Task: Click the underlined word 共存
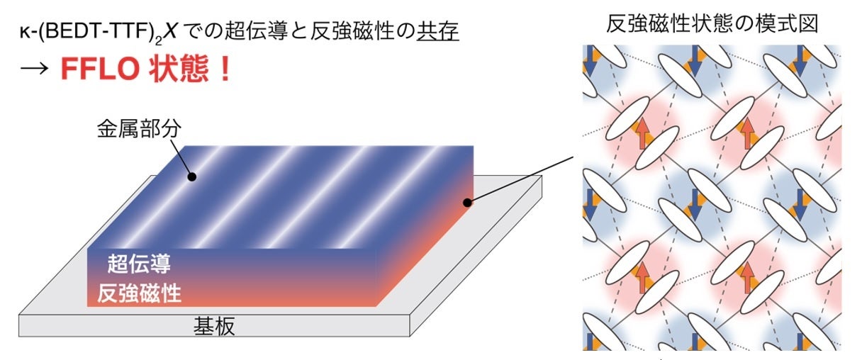click(x=437, y=33)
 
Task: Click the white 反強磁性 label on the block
click(x=150, y=291)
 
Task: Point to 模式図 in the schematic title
click(x=789, y=23)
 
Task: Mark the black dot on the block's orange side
click(x=466, y=203)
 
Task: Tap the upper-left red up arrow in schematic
click(x=643, y=133)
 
